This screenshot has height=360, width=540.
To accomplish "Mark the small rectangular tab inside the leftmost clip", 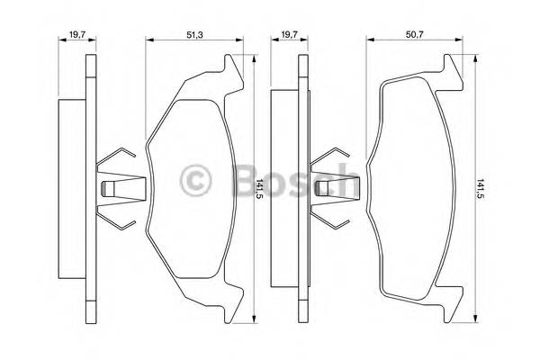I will (110, 189).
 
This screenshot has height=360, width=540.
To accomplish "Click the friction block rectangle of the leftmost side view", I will (70, 189).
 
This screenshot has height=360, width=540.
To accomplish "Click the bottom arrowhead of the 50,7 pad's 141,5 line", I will (472, 316).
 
